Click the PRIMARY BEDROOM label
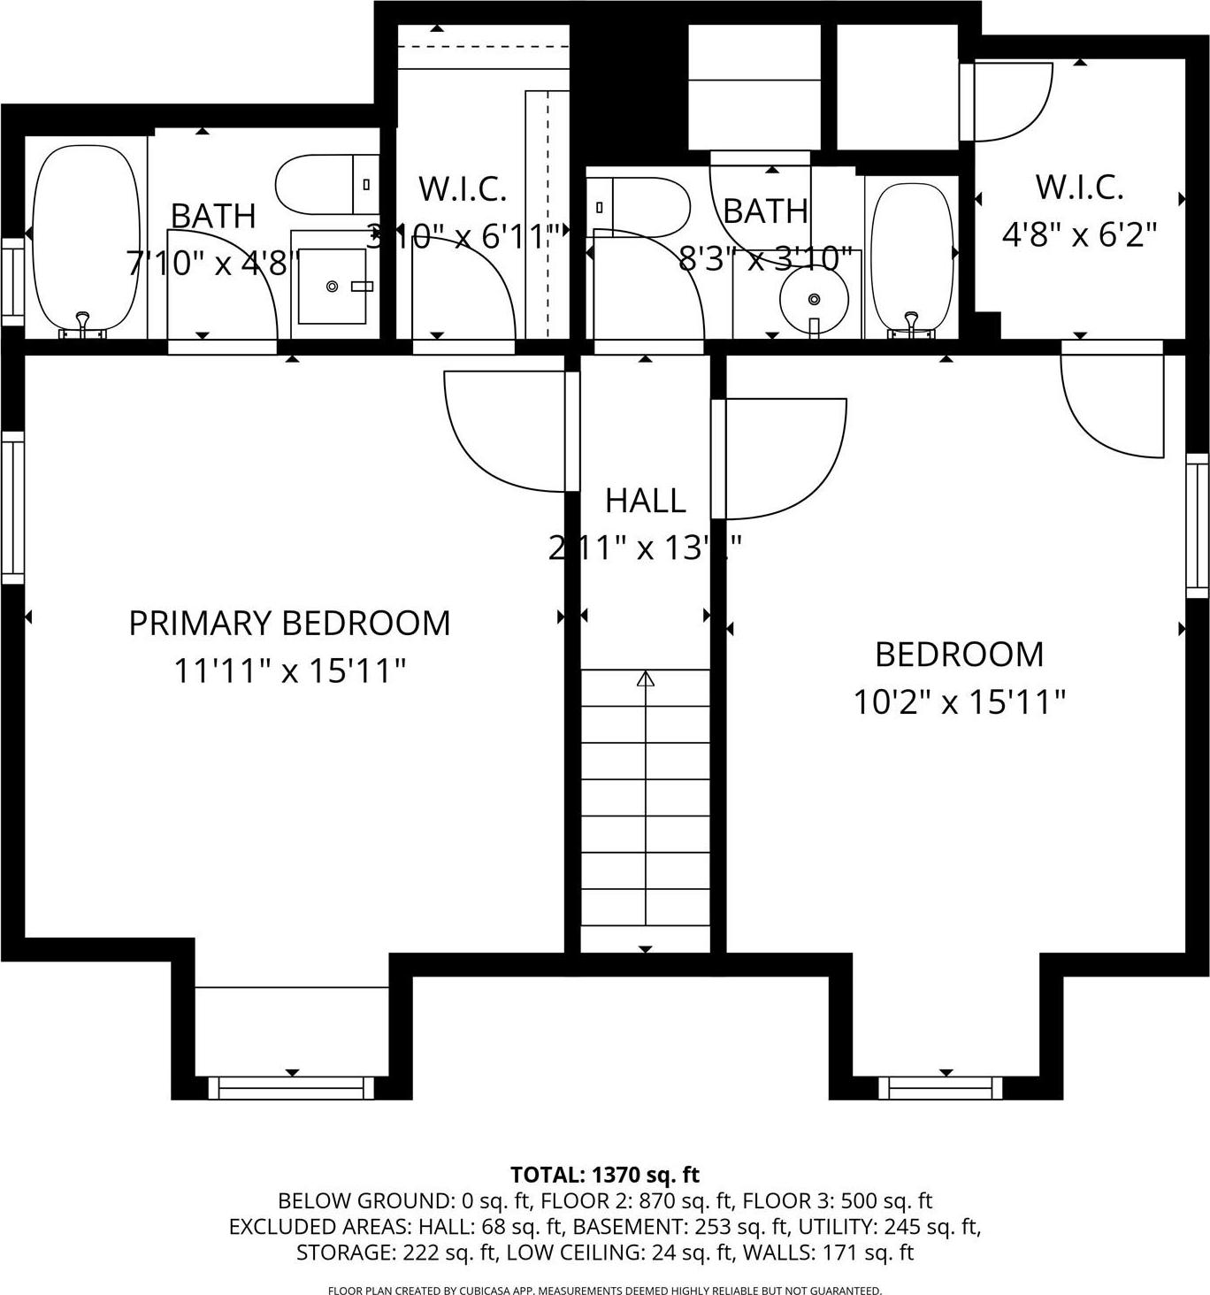click(x=289, y=624)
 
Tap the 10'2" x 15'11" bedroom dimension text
click(x=959, y=702)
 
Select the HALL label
click(x=645, y=501)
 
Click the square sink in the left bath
click(x=332, y=287)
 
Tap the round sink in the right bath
click(x=814, y=299)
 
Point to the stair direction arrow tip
click(x=646, y=678)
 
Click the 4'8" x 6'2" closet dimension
click(x=1079, y=235)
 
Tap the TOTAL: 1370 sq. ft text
click(x=605, y=1175)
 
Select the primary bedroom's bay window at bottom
click(x=291, y=1087)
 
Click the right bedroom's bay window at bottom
click(x=946, y=1087)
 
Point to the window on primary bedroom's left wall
click(x=12, y=508)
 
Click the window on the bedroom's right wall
click(x=1197, y=525)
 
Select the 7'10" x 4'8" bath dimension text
click(x=213, y=263)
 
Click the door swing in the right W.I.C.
click(x=1010, y=102)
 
